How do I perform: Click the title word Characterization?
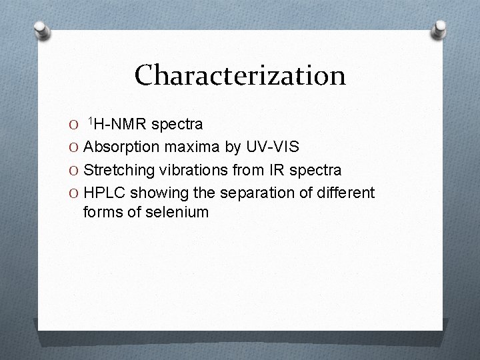point(240,75)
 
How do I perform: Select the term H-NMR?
point(122,125)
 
